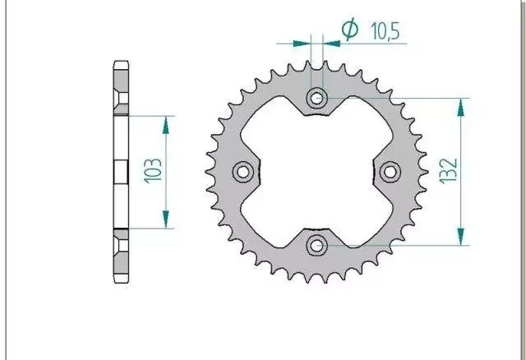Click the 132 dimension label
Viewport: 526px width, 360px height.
click(x=449, y=171)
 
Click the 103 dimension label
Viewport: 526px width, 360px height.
click(x=153, y=170)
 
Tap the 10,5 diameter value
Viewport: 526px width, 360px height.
click(x=385, y=31)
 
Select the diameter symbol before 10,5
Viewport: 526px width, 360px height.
click(x=350, y=29)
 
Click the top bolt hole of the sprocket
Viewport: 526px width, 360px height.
click(x=316, y=99)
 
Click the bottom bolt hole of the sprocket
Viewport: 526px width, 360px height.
click(x=316, y=246)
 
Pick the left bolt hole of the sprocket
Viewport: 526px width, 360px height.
click(x=243, y=172)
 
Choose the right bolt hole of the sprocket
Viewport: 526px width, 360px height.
click(x=390, y=172)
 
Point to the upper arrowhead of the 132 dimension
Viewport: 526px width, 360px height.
click(x=461, y=108)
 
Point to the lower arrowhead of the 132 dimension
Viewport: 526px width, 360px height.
click(x=461, y=237)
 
